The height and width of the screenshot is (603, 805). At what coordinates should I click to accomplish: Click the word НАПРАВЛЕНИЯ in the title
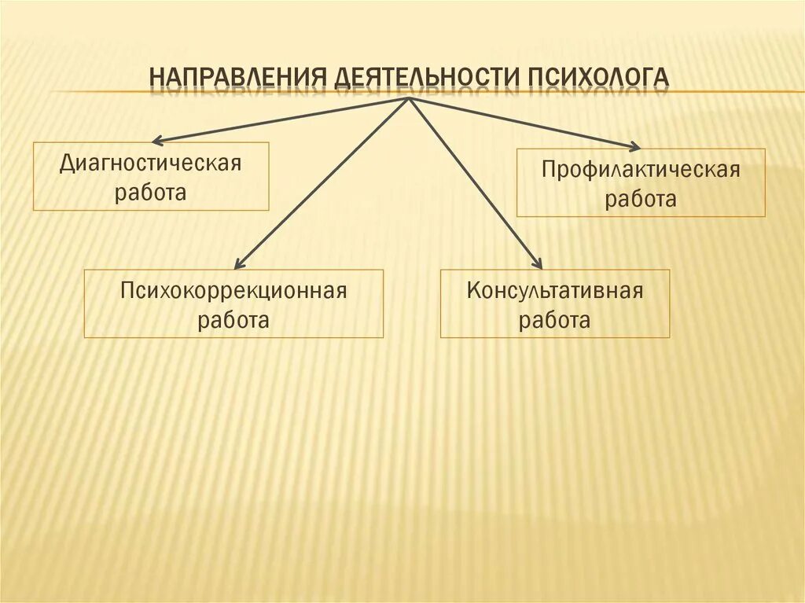tap(238, 78)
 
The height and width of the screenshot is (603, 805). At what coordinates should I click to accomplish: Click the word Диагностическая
tap(150, 164)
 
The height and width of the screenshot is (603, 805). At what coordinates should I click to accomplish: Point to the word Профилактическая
tap(640, 171)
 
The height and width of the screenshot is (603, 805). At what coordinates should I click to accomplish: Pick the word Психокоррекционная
tap(233, 292)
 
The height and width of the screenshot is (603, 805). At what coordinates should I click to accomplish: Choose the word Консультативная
tap(555, 292)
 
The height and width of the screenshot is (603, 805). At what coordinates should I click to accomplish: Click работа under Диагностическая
tap(150, 193)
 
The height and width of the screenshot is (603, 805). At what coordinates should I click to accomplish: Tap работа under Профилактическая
tap(640, 199)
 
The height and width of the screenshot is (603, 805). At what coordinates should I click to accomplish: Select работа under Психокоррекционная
tap(233, 320)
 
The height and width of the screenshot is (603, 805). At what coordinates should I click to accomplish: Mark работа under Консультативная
tap(555, 320)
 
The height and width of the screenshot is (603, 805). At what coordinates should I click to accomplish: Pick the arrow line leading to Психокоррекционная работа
tap(322, 182)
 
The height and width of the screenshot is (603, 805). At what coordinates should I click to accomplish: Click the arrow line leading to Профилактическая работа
tap(523, 122)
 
